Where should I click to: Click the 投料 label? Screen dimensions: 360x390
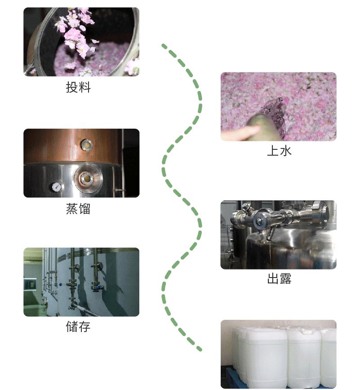78,88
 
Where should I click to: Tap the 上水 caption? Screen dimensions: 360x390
279,151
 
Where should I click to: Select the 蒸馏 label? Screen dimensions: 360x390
78,209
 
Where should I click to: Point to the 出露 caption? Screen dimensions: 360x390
279,279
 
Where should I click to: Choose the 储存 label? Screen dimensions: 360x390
78,327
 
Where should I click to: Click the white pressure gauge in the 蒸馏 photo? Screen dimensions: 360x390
57,186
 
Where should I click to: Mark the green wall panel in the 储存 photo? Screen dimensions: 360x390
30,283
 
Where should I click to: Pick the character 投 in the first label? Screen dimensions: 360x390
72,88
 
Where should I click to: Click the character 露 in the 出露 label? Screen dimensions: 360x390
285,279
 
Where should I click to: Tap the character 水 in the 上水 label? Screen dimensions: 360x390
285,151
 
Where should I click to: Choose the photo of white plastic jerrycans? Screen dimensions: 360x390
278,354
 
